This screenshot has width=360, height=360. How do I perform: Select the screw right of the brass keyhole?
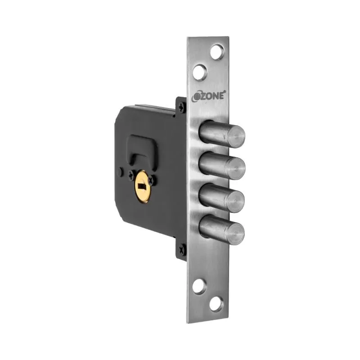152,181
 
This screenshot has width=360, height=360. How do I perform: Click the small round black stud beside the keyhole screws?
121,171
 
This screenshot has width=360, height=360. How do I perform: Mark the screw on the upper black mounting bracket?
181,108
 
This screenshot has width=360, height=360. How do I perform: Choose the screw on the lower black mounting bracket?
182,247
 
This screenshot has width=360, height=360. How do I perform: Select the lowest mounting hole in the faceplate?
216,305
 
